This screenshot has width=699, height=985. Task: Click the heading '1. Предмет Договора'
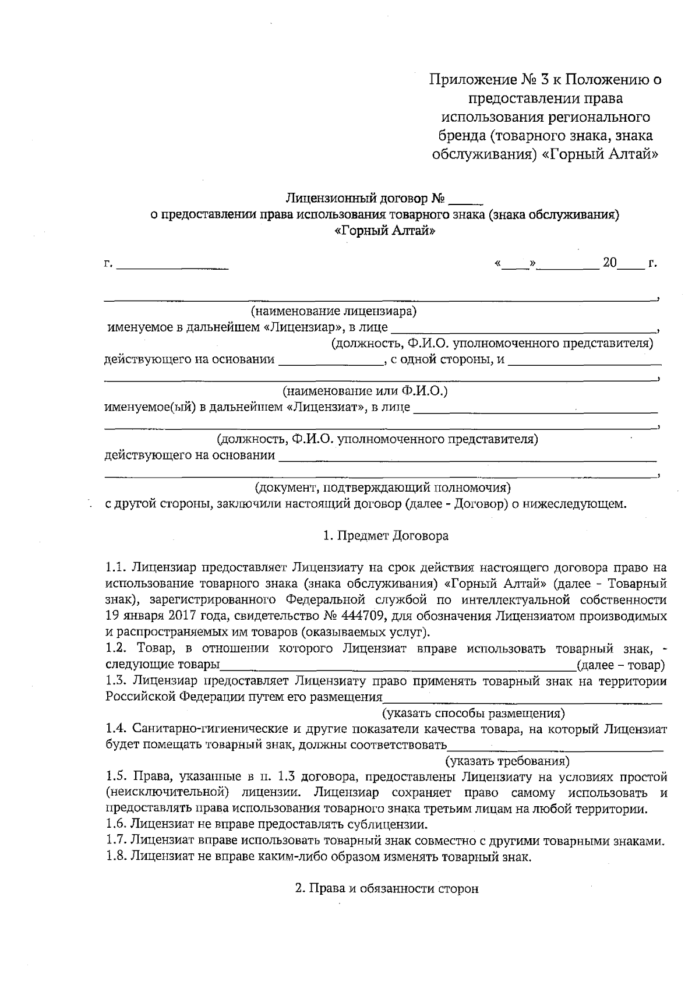(386, 536)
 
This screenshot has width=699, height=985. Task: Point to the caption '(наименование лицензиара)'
(333, 311)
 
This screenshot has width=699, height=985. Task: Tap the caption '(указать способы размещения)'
(473, 713)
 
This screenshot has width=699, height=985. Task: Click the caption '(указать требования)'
(507, 761)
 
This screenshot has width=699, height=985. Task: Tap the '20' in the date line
(609, 263)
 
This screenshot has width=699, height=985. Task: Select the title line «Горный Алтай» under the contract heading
(386, 231)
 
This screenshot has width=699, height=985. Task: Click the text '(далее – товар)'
(620, 665)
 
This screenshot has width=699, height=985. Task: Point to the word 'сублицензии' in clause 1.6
(390, 824)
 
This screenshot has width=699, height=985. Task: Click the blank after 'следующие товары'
(396, 665)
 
